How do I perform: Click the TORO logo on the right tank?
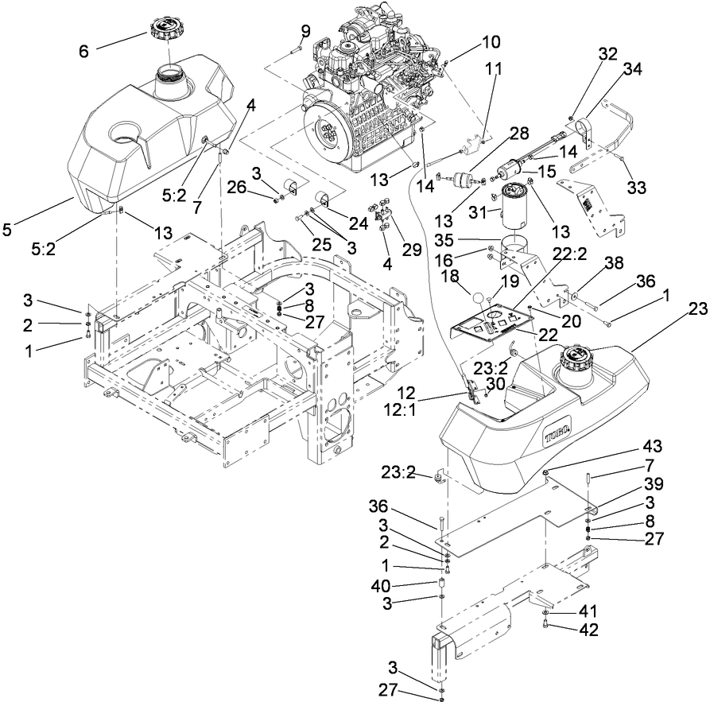pos(558,436)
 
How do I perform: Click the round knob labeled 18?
pos(480,299)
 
